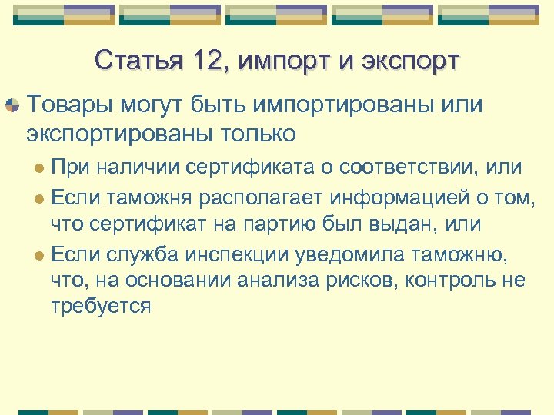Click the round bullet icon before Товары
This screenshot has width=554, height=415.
[x=13, y=105]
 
